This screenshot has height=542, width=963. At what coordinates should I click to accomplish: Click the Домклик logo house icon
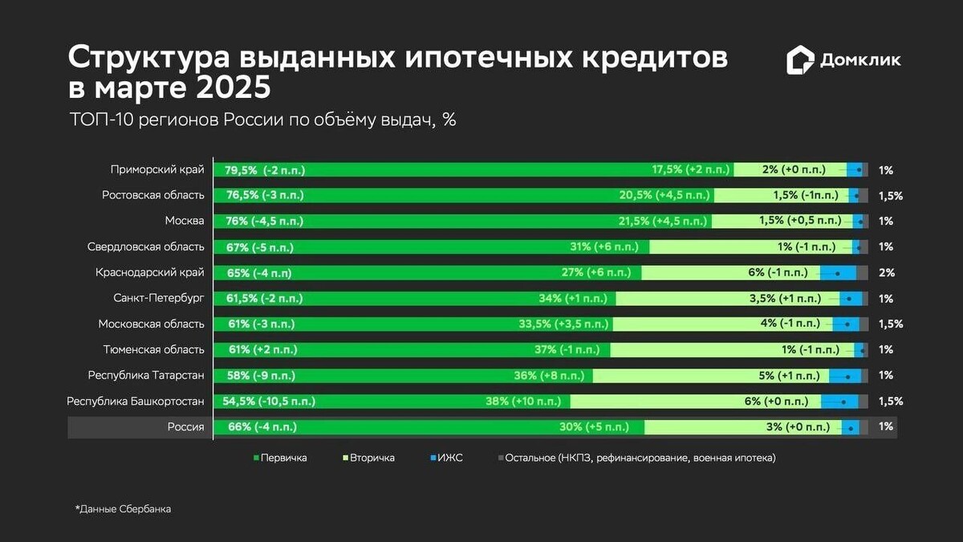800,60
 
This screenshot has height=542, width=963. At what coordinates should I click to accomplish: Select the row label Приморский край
157,169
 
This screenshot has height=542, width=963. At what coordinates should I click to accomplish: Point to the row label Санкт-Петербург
159,298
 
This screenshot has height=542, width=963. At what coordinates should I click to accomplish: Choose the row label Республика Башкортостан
136,401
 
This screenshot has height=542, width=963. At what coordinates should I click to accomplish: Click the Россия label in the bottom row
185,426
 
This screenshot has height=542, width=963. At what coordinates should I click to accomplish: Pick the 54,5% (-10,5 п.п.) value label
269,401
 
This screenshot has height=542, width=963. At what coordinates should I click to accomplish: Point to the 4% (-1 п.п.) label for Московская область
790,324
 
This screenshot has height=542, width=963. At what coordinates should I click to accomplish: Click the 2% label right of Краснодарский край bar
887,272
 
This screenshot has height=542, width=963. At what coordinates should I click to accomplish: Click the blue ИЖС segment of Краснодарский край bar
838,272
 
